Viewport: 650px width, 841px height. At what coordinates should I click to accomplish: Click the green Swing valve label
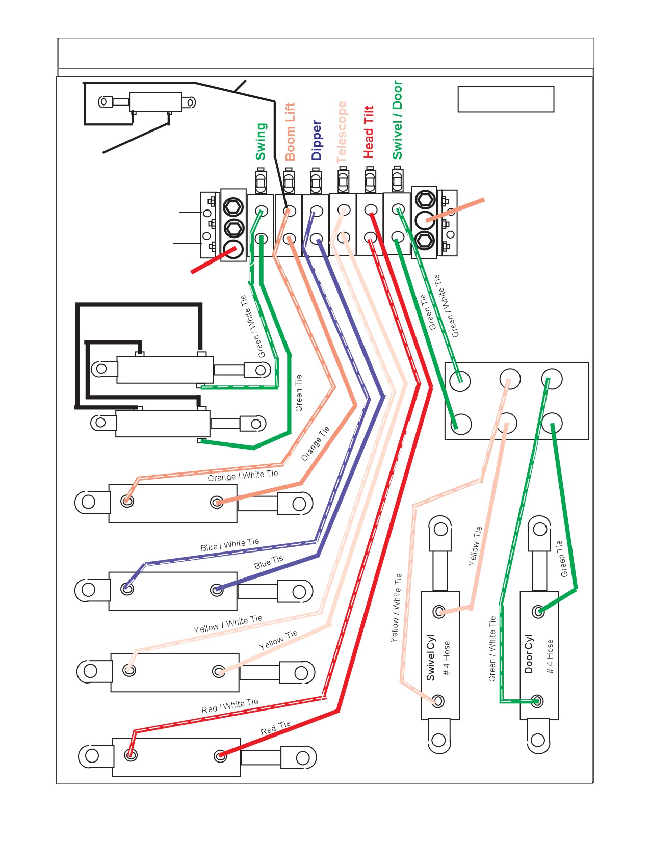point(261,142)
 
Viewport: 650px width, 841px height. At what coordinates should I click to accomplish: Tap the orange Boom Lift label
point(290,132)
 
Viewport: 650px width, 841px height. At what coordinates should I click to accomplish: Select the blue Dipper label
point(316,140)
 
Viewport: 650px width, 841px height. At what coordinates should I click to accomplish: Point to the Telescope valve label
point(342,132)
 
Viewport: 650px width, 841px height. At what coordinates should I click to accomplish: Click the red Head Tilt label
point(369,132)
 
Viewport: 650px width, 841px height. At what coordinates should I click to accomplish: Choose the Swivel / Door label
point(397,120)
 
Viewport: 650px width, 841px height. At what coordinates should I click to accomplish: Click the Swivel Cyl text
point(430,658)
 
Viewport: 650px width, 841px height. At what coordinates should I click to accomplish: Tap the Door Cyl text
point(529,654)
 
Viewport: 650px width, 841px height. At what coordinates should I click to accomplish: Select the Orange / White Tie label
point(243,476)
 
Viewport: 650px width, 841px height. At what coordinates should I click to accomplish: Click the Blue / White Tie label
point(229,544)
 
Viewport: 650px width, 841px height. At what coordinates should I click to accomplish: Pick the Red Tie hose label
point(275,728)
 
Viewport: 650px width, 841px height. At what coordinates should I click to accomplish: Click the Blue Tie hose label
point(269,562)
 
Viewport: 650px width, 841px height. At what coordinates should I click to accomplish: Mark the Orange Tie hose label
point(316,443)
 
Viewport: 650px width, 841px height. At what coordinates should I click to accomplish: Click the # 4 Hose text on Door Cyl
point(550,656)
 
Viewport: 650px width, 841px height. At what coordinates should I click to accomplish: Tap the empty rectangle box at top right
point(506,99)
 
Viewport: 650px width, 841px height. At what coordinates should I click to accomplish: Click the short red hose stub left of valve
point(213,260)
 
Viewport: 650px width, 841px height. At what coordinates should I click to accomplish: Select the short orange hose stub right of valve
point(455,210)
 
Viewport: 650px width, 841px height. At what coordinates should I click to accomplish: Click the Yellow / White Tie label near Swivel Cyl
point(396,608)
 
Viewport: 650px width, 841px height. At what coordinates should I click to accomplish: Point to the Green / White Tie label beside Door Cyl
point(491,649)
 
